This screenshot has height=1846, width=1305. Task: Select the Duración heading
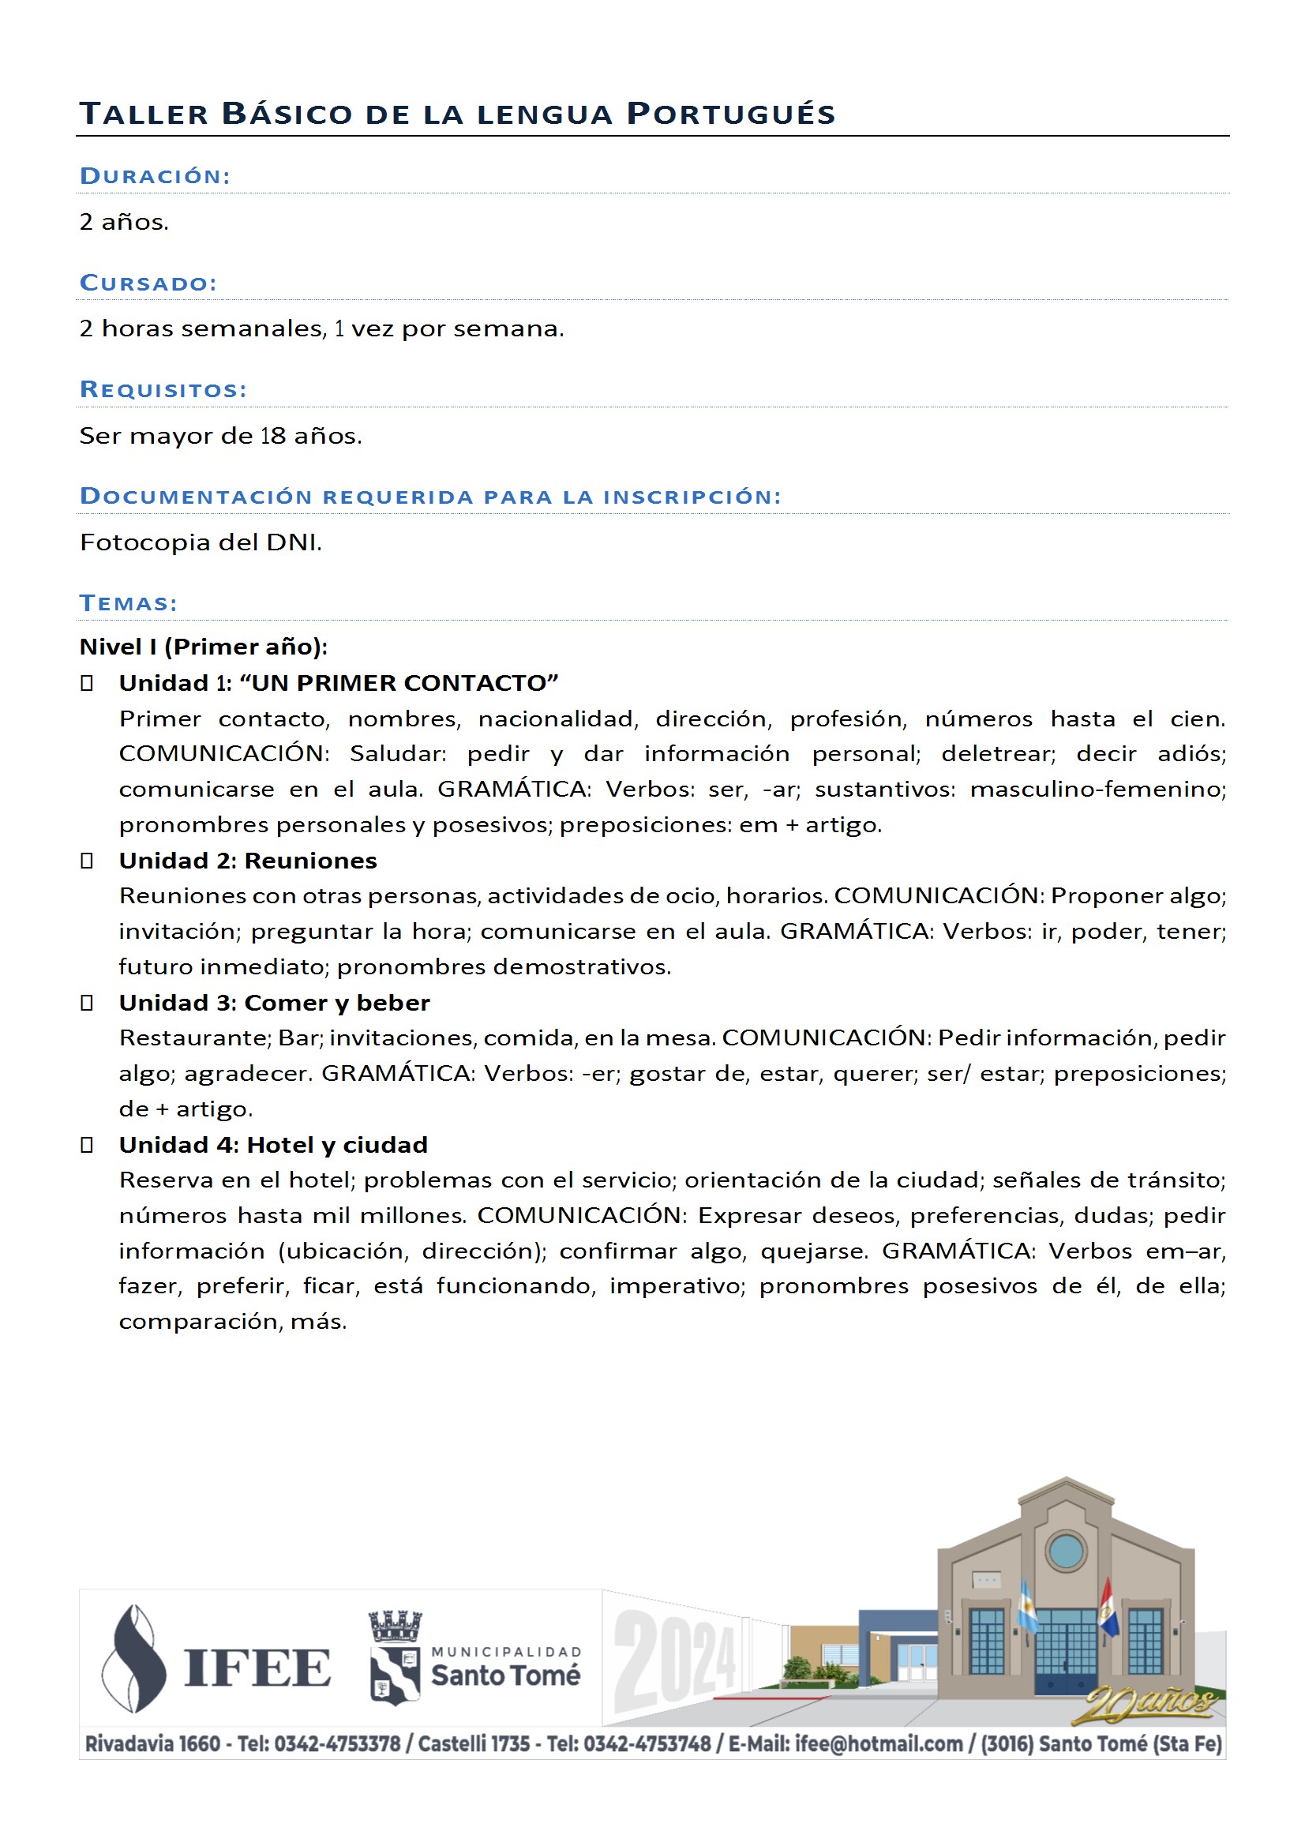[156, 176]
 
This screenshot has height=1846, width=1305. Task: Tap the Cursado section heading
[148, 283]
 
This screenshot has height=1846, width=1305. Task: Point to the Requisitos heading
[163, 390]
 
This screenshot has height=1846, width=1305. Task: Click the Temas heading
[129, 603]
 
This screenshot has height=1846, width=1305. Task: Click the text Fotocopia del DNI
[201, 542]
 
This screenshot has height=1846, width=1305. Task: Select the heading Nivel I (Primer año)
[204, 647]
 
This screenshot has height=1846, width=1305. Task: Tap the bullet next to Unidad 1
[87, 684]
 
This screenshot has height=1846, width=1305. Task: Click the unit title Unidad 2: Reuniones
[248, 861]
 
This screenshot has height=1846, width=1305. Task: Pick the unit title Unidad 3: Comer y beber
[274, 1004]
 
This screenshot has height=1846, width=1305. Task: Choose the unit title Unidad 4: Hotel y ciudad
[273, 1145]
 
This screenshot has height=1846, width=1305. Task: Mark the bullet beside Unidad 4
[87, 1145]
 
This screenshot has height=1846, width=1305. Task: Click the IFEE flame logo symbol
[134, 1658]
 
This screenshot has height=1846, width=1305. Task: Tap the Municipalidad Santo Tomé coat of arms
[395, 1658]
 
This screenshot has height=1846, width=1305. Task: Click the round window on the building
[1067, 1549]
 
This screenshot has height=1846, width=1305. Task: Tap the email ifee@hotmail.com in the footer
[878, 1744]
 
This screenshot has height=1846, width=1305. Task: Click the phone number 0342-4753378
[337, 1744]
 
